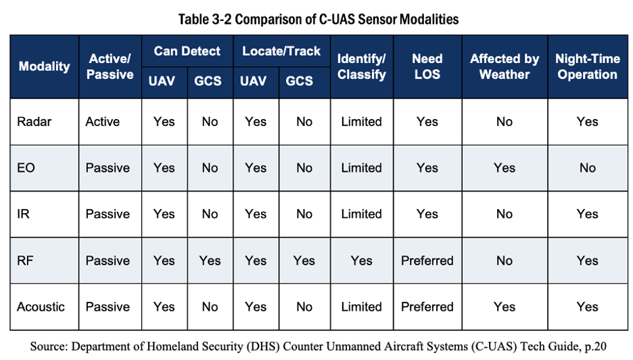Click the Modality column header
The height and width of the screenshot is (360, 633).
point(45,66)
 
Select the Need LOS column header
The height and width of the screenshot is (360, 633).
point(427,66)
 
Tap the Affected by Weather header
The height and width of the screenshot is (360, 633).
point(505,66)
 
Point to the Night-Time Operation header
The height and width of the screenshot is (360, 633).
point(588,66)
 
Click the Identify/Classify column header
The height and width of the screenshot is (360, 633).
point(362,66)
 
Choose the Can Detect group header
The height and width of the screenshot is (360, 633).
point(187,51)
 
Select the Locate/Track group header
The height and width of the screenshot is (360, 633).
point(281,51)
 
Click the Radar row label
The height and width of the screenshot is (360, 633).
point(34,122)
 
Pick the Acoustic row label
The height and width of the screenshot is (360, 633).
point(41,307)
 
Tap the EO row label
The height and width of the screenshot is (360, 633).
point(26,168)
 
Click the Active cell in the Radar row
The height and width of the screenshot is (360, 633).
point(103,122)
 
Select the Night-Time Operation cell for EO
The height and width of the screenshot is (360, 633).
point(588,168)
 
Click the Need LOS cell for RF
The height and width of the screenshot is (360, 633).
point(427,261)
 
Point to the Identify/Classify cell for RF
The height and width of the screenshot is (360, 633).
point(361,261)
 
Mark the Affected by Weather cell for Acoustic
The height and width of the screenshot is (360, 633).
point(505,307)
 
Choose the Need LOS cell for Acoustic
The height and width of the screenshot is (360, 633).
point(427,307)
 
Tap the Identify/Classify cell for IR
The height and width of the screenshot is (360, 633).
point(361,214)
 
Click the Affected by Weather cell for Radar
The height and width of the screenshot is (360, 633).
point(505,122)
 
